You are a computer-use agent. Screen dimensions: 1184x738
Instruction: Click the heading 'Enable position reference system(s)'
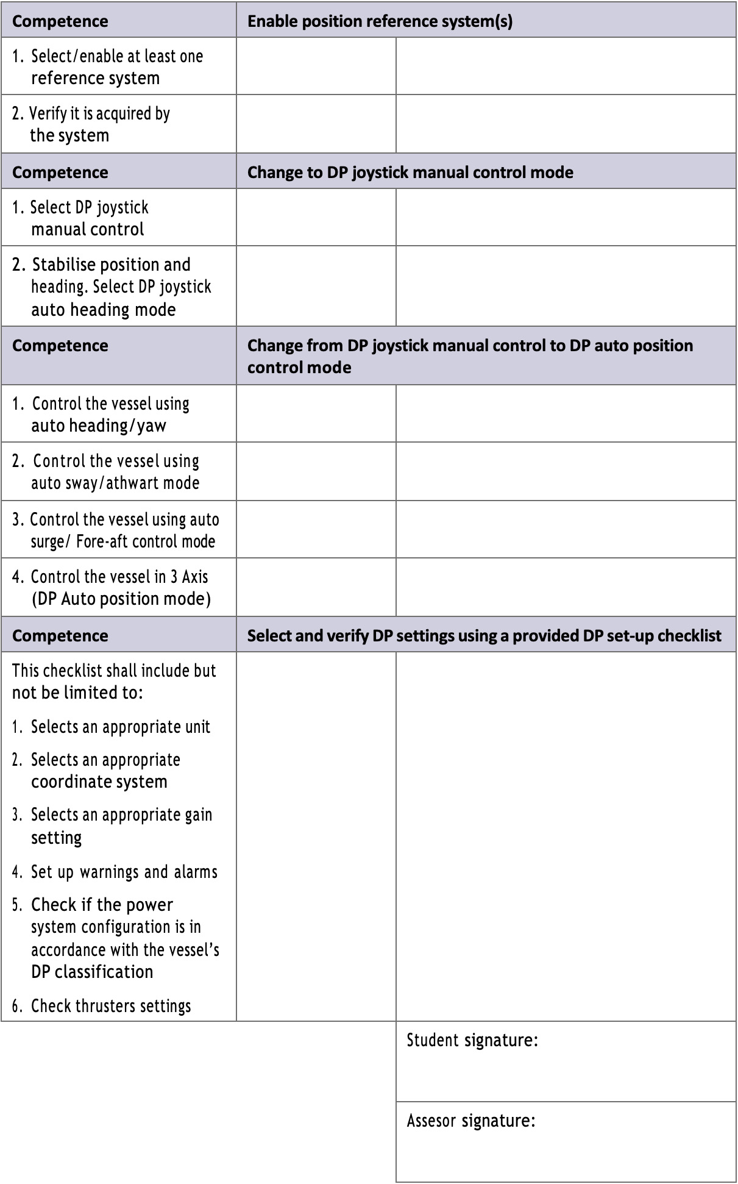pyautogui.click(x=380, y=21)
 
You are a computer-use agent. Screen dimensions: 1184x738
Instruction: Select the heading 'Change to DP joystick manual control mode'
pyautogui.click(x=410, y=172)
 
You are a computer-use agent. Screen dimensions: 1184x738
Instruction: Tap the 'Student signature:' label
pyautogui.click(x=472, y=1040)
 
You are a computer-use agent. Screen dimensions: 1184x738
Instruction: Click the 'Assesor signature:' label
pyautogui.click(x=471, y=1120)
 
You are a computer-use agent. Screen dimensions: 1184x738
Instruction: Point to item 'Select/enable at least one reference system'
pyautogui.click(x=108, y=67)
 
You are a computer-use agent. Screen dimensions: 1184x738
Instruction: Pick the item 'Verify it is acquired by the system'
pyautogui.click(x=91, y=124)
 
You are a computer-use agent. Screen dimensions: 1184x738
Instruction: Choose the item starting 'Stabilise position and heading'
pyautogui.click(x=112, y=287)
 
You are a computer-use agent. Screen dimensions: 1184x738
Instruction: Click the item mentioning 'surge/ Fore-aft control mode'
pyautogui.click(x=116, y=530)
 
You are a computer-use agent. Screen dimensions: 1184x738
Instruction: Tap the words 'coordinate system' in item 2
pyautogui.click(x=99, y=782)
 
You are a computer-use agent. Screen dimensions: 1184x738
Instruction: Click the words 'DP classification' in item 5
pyautogui.click(x=92, y=971)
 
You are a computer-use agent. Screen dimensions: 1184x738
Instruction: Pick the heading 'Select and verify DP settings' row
pyautogui.click(x=484, y=635)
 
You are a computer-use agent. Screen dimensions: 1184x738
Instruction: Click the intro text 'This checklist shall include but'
pyautogui.click(x=114, y=671)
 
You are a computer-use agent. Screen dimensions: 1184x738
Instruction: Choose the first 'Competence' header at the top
pyautogui.click(x=60, y=21)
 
